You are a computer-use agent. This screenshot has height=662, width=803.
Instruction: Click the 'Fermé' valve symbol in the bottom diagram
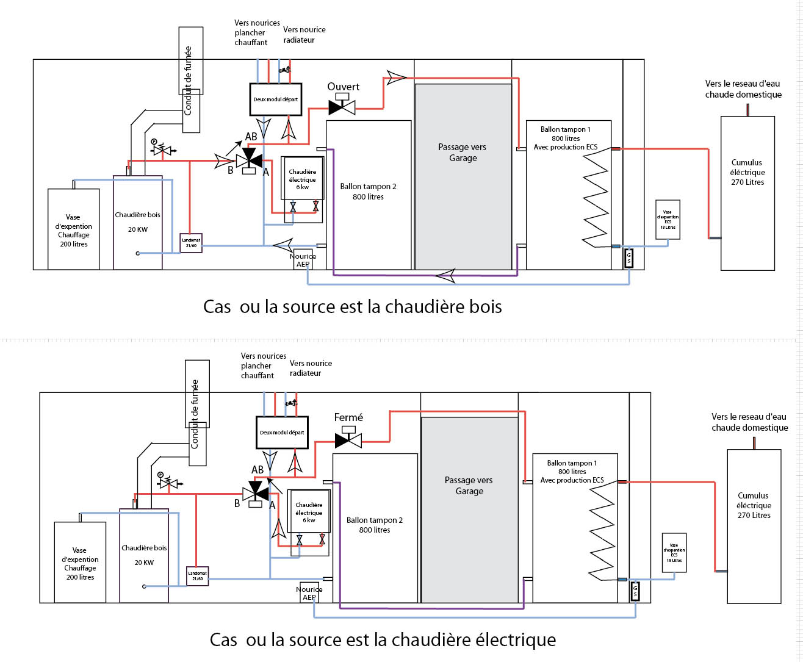click(x=348, y=439)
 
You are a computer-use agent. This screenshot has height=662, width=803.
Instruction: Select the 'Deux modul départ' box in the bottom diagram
click(x=282, y=433)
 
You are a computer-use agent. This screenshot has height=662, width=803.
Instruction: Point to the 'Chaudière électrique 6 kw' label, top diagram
click(x=303, y=179)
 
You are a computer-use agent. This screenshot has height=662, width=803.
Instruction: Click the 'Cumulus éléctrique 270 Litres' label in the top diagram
click(x=747, y=172)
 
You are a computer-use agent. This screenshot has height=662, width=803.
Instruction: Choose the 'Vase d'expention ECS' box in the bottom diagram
click(x=674, y=553)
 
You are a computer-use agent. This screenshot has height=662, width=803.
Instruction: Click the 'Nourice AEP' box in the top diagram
click(x=303, y=260)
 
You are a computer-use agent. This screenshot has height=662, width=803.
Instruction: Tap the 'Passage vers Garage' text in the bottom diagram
click(x=469, y=486)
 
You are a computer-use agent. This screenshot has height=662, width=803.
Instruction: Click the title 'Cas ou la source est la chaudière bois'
click(x=353, y=306)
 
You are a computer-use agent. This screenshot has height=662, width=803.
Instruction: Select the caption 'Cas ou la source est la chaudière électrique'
click(x=383, y=639)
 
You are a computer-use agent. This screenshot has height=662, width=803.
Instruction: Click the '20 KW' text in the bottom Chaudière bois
click(x=144, y=563)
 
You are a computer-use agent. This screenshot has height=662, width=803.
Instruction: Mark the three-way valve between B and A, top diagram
click(x=249, y=161)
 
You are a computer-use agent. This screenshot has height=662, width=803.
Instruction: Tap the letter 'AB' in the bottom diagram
click(x=257, y=470)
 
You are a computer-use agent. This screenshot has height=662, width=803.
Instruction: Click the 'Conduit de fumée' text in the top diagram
click(x=188, y=81)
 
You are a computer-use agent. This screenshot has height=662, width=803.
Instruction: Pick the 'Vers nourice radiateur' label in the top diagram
click(x=304, y=35)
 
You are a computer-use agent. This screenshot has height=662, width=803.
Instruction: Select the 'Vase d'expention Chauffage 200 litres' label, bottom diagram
click(x=80, y=564)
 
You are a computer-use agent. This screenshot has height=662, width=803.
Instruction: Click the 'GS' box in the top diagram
click(x=629, y=259)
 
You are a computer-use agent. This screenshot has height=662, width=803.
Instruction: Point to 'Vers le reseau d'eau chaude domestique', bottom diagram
click(x=749, y=422)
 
